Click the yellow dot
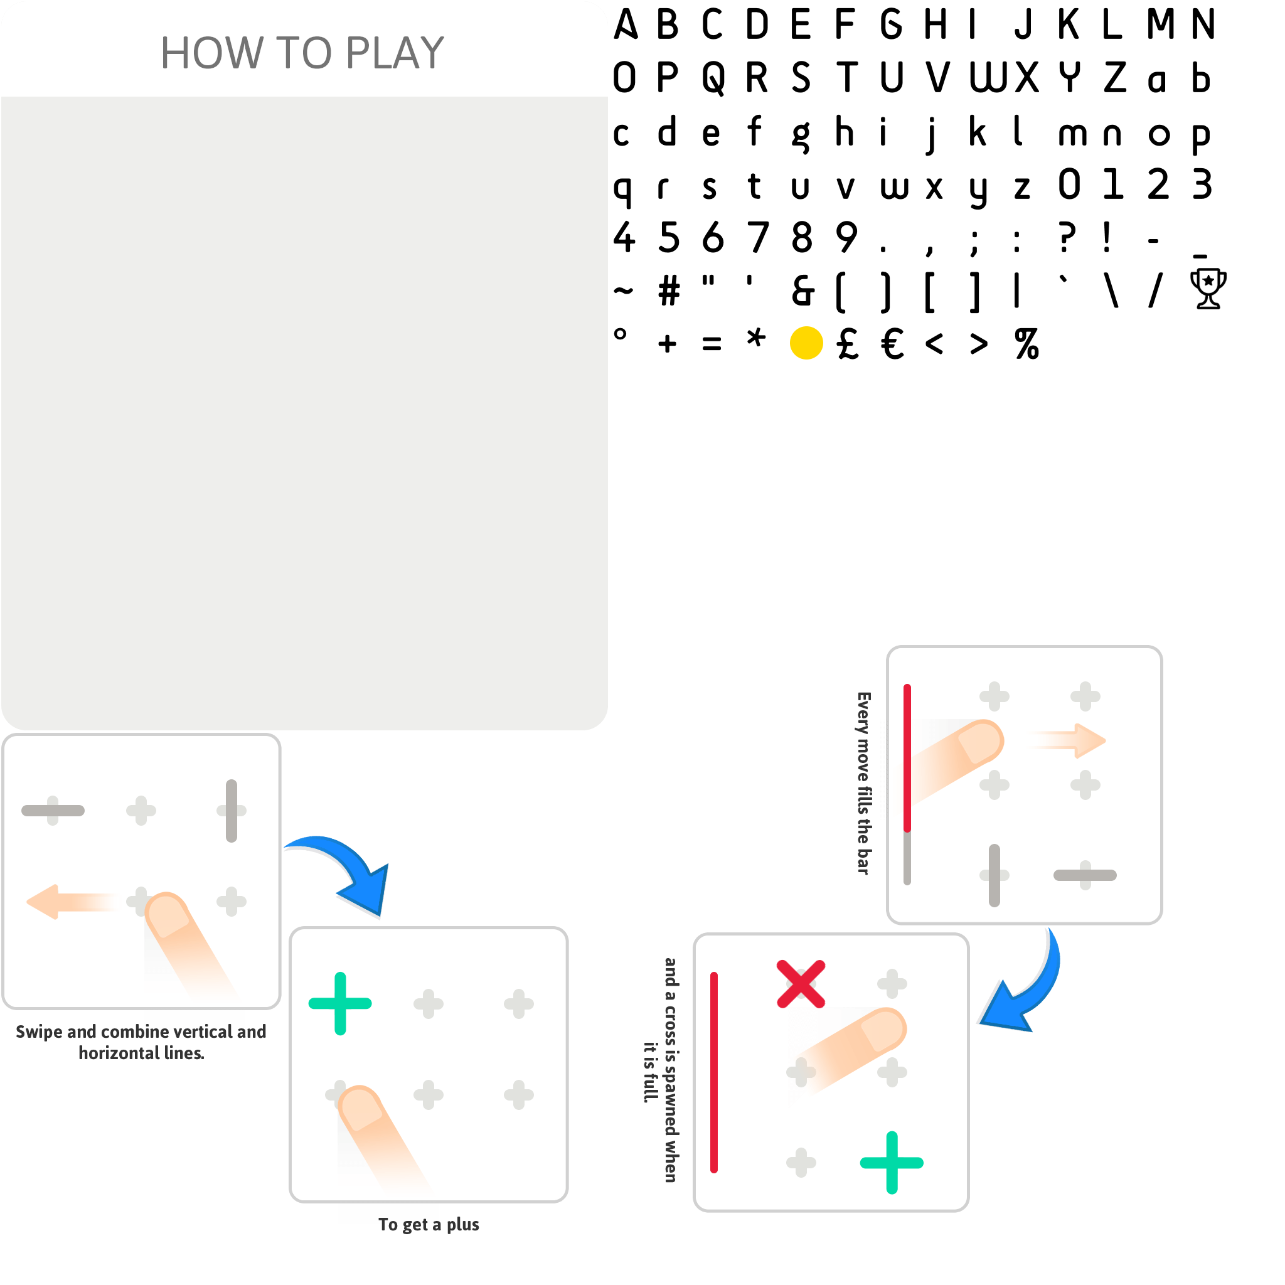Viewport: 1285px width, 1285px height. pyautogui.click(x=806, y=343)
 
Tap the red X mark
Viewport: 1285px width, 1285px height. pyautogui.click(x=801, y=984)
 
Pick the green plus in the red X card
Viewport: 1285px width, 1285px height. pyautogui.click(x=891, y=1163)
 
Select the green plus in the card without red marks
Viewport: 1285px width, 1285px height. pyautogui.click(x=340, y=1004)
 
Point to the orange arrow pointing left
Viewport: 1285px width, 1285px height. pyautogui.click(x=67, y=902)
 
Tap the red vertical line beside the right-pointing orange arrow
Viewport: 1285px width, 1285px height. pyautogui.click(x=907, y=758)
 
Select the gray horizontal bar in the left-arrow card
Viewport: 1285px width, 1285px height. pyautogui.click(x=53, y=810)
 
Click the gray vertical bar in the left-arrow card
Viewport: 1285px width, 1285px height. pyautogui.click(x=232, y=810)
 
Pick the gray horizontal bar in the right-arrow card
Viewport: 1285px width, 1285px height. pyautogui.click(x=1085, y=875)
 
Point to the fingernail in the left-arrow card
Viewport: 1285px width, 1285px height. pyautogui.click(x=167, y=915)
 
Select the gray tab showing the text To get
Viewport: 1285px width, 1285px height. pyautogui.click(x=388, y=1213)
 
